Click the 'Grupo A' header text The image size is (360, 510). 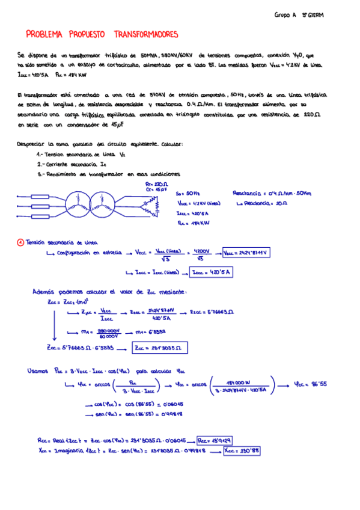coord(285,14)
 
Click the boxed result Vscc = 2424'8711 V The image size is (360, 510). coord(246,253)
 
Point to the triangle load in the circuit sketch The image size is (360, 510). coord(157,206)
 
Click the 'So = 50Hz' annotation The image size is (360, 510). coord(188,194)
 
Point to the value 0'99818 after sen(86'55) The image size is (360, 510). coord(172,414)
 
